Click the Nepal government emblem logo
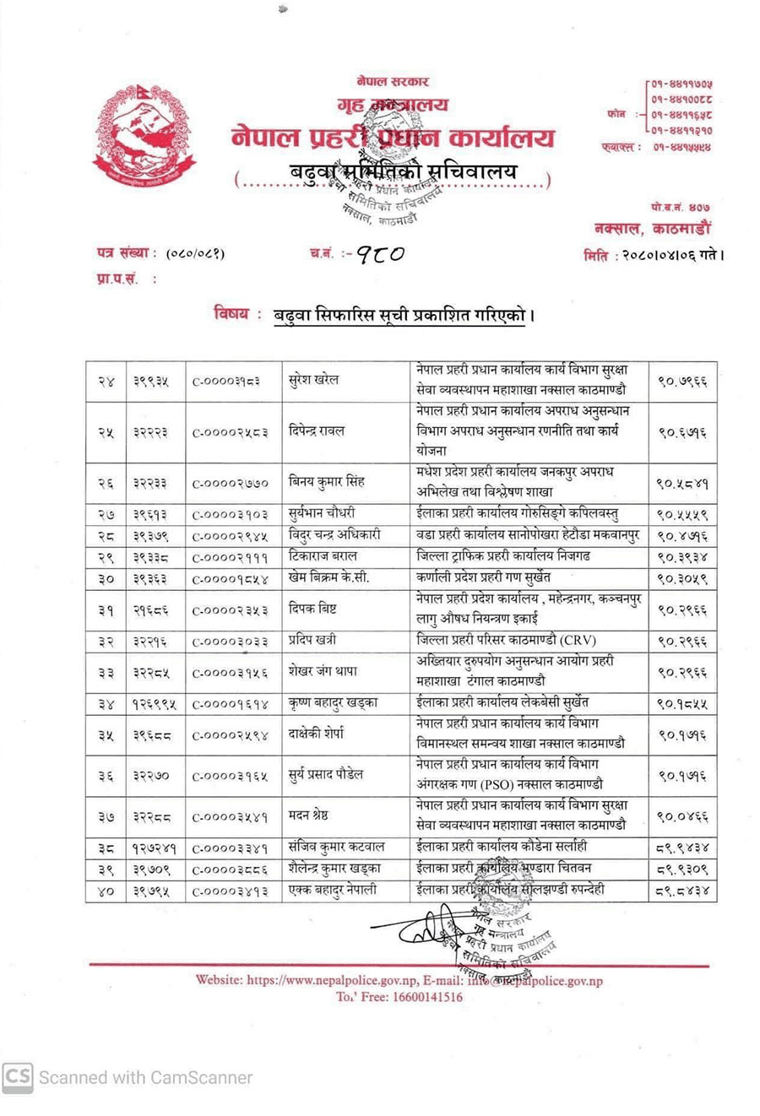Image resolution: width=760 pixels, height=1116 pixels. [144, 136]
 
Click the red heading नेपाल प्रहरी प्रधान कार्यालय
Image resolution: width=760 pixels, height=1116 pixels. [393, 138]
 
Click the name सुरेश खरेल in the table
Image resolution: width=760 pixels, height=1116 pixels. [313, 381]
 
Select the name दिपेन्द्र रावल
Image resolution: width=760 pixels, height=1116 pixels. [318, 431]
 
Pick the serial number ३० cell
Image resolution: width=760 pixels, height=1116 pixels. [106, 580]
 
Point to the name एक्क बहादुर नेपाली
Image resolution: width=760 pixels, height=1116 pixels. [333, 890]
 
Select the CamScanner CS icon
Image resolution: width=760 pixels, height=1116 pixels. [18, 1077]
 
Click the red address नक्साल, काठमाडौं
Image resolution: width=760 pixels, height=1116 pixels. [652, 228]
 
